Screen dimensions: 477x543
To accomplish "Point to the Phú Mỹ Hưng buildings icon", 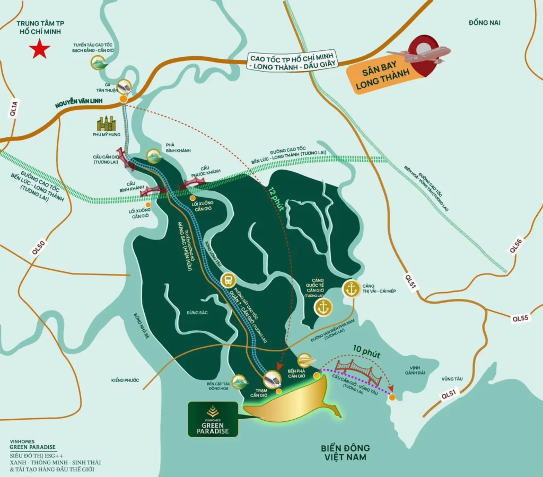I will [106, 124].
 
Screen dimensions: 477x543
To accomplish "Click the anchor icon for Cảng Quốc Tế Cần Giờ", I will [323, 307].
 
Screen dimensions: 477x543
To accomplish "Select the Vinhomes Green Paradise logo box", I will [212, 418].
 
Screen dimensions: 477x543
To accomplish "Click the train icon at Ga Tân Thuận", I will [125, 86].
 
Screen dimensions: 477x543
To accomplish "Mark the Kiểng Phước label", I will [125, 380].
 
